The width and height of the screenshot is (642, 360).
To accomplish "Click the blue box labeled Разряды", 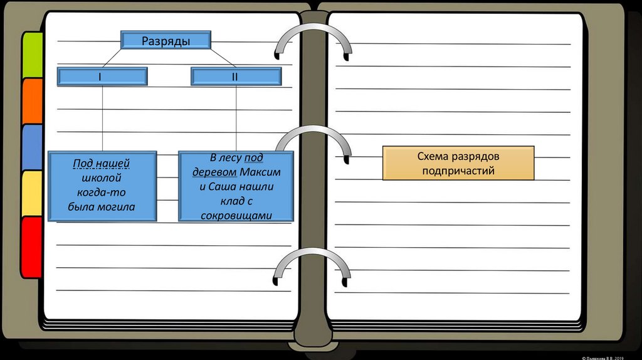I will (166, 41).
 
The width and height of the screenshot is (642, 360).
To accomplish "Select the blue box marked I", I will (102, 77).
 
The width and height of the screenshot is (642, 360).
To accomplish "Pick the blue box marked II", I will (236, 77).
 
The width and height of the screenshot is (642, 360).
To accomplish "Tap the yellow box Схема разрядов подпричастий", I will (458, 162).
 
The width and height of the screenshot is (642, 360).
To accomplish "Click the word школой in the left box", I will (102, 179).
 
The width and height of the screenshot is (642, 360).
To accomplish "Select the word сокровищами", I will (236, 215).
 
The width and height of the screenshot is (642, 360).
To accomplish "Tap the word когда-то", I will (102, 193).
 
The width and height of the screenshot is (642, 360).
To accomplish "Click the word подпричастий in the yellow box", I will (458, 170).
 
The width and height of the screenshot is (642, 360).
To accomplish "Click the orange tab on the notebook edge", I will (31, 100).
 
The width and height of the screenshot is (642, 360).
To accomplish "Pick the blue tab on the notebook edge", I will (31, 147).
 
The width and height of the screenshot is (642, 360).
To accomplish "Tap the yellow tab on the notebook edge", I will (31, 193).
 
